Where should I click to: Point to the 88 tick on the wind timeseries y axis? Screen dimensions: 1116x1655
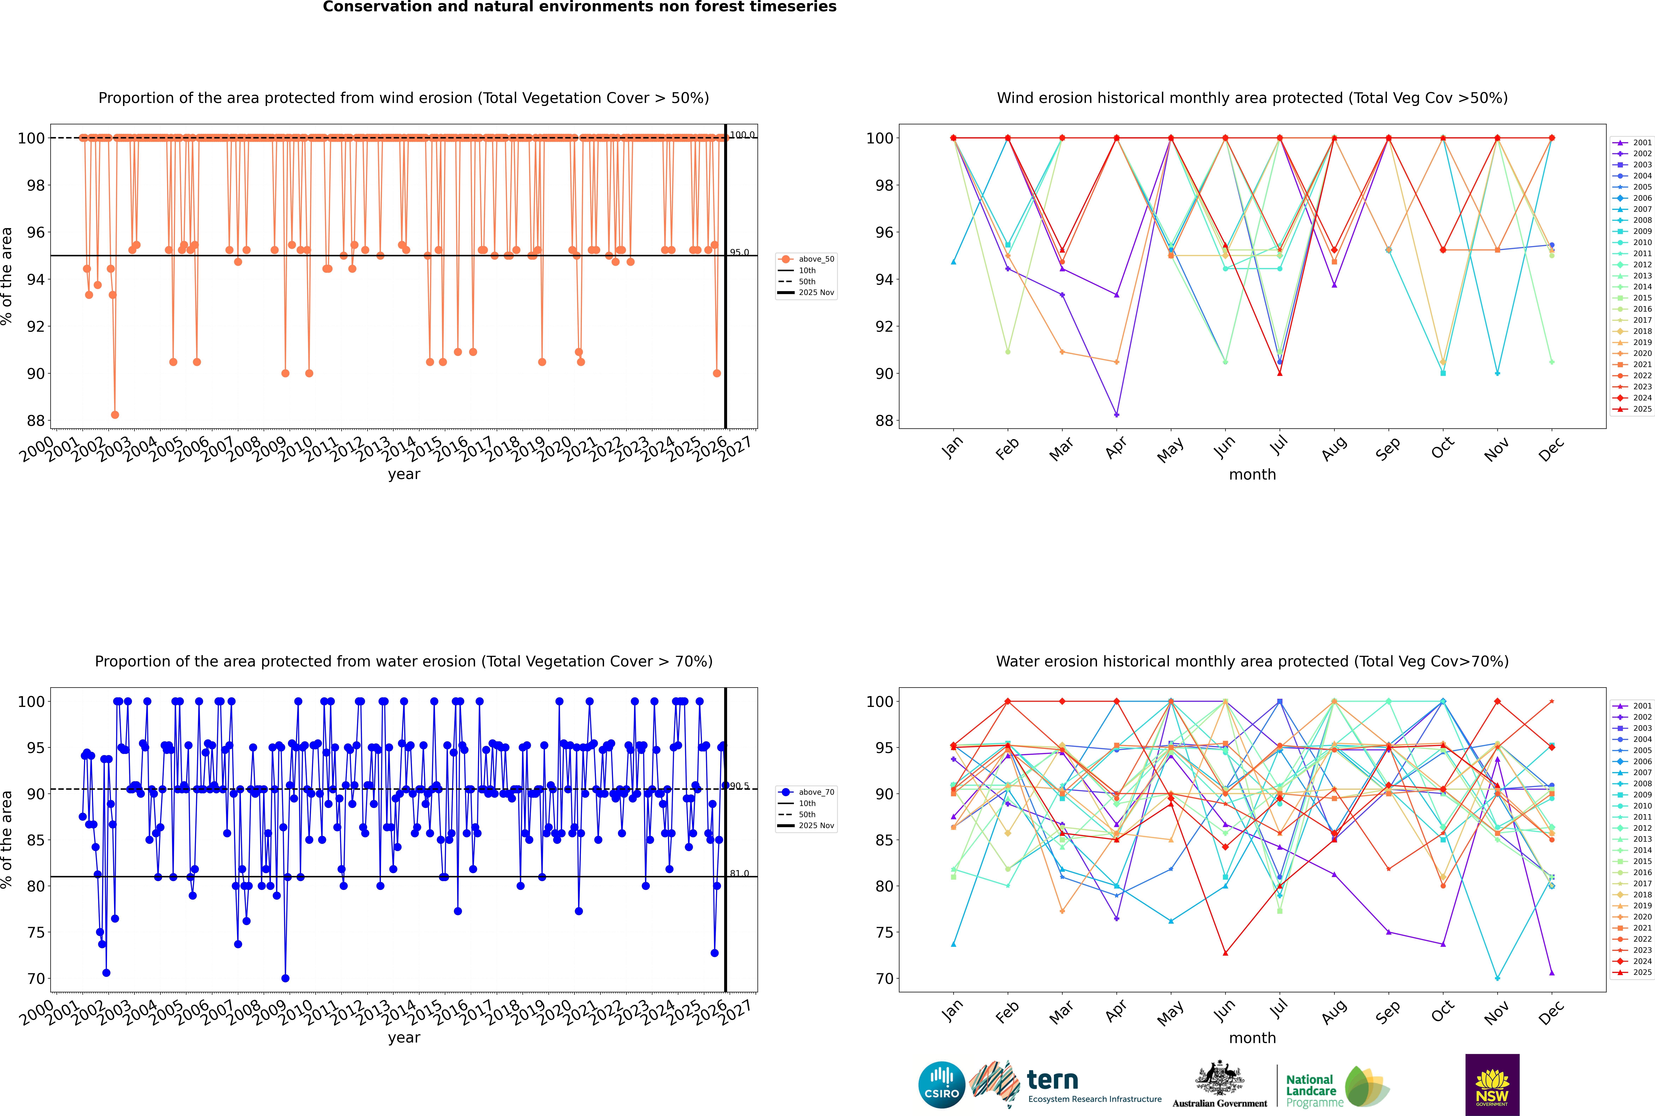pyautogui.click(x=35, y=421)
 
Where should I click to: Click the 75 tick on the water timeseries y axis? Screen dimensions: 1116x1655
pyautogui.click(x=35, y=932)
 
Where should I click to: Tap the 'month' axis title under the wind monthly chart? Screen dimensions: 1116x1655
pyautogui.click(x=1252, y=475)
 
